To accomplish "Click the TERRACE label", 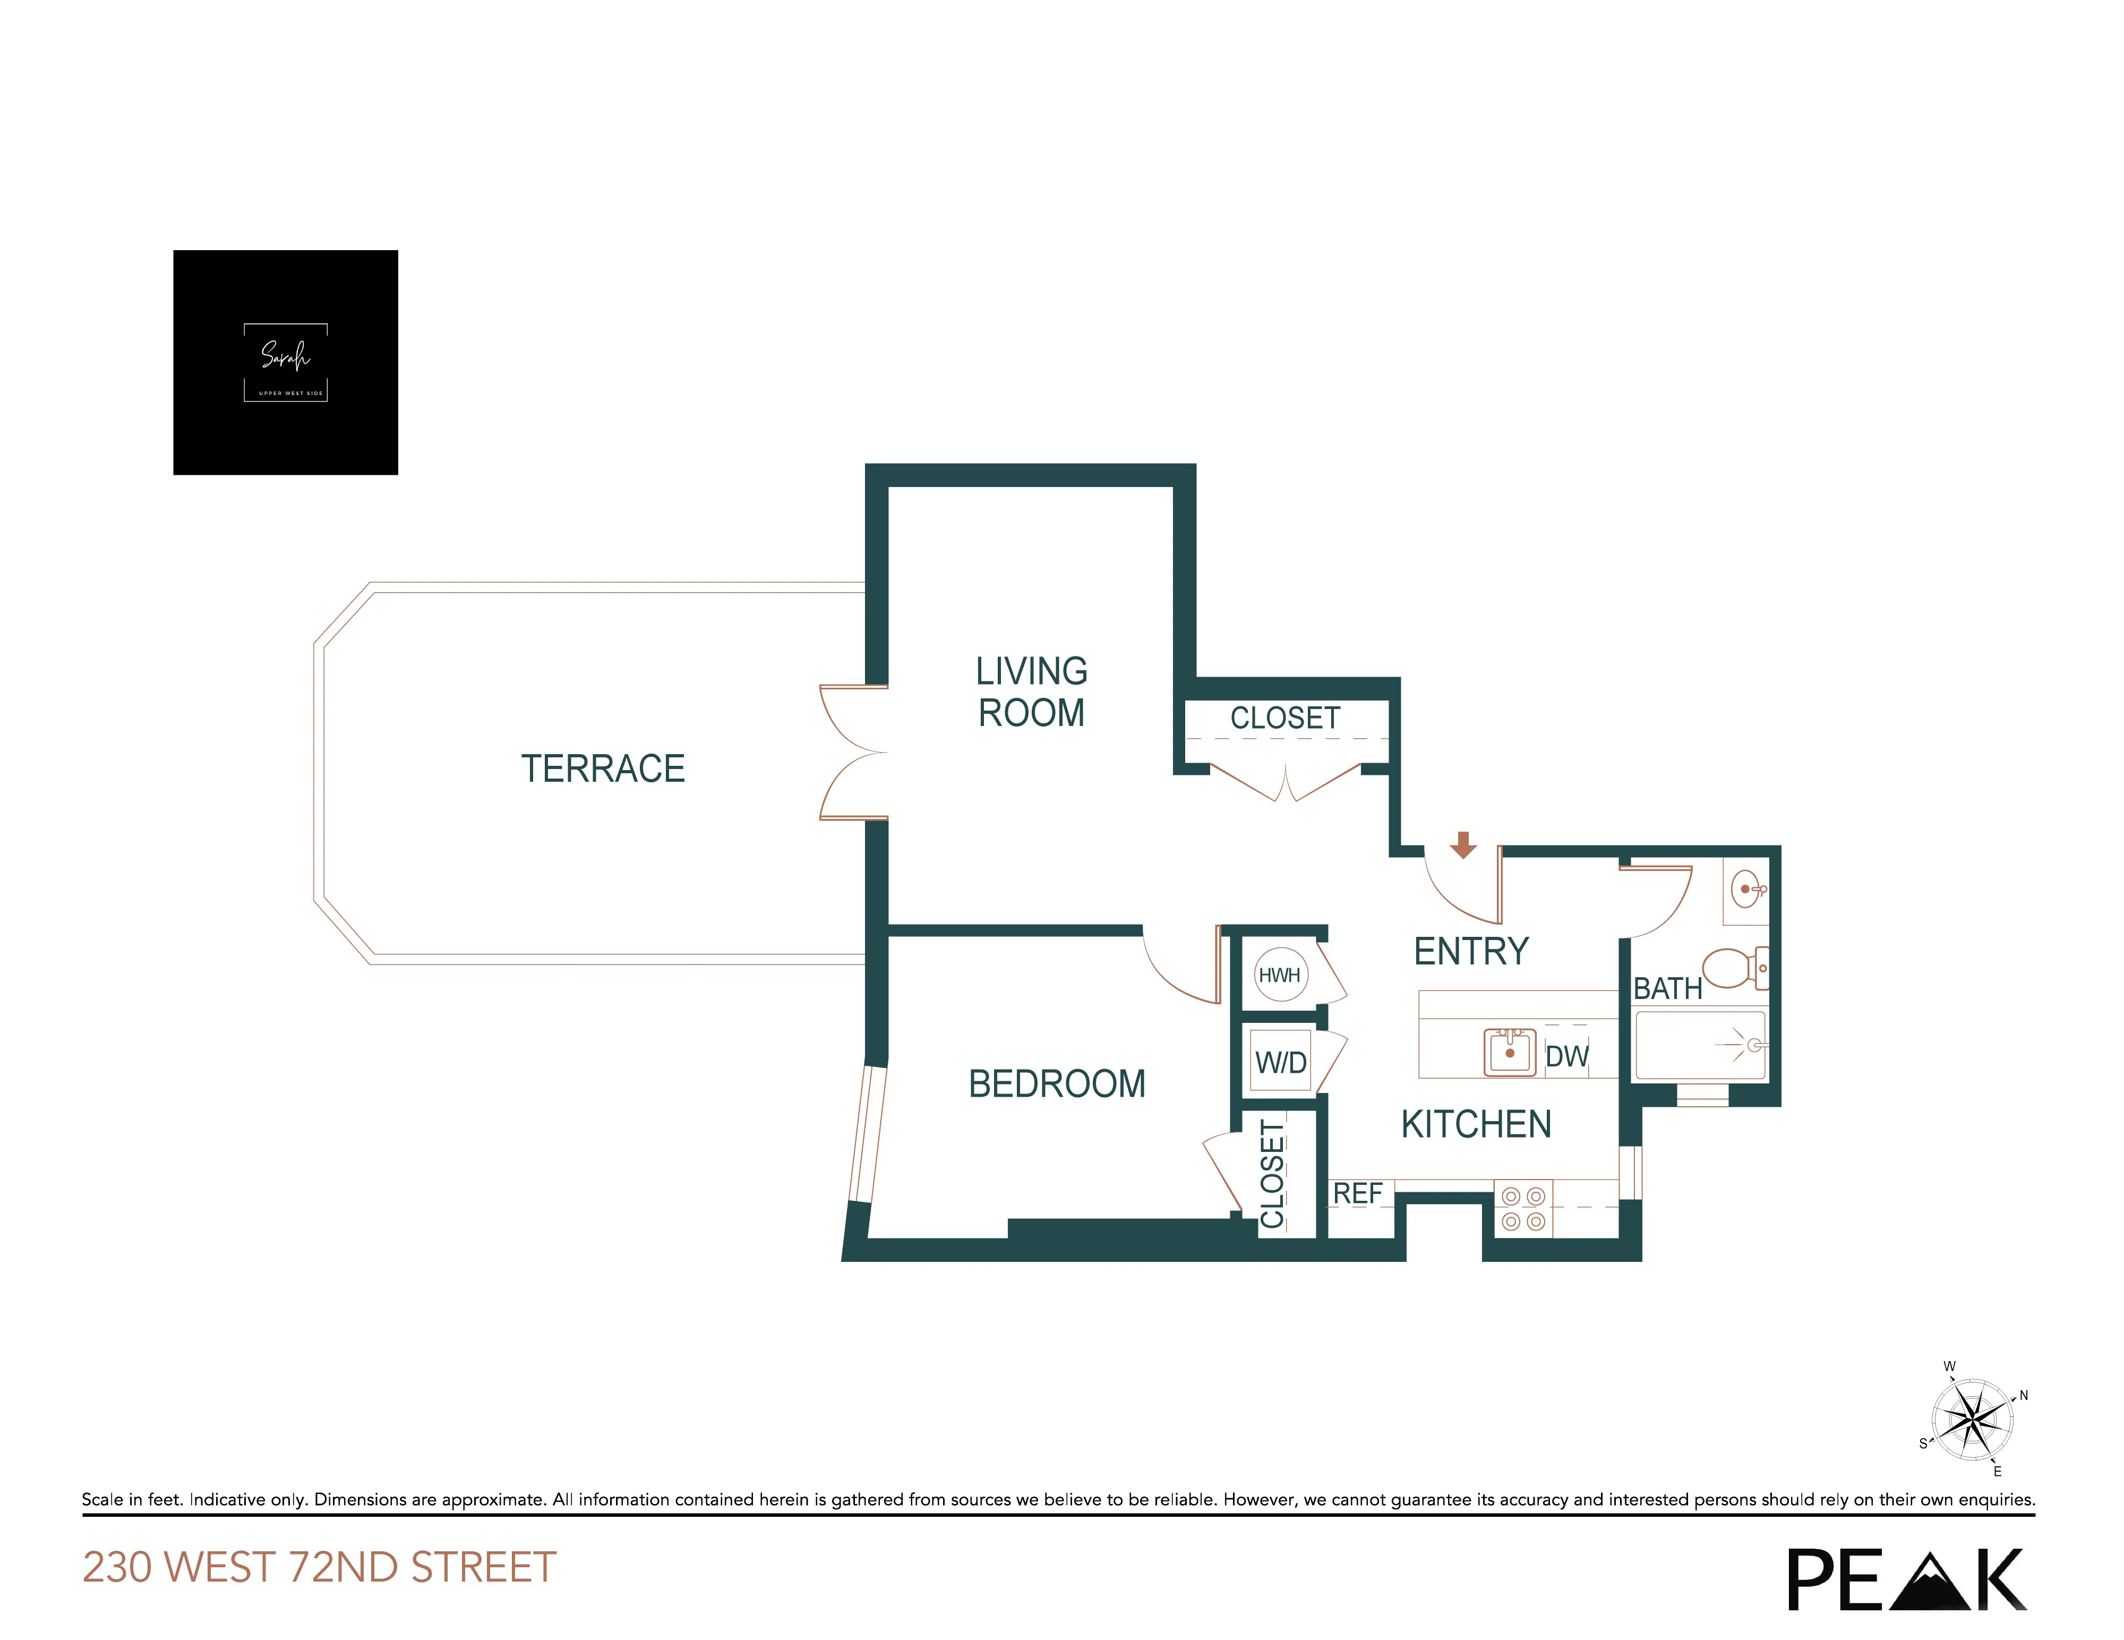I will (603, 768).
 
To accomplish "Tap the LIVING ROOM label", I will (1031, 691).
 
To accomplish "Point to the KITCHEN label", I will (1475, 1124).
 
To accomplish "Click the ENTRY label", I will (1470, 951).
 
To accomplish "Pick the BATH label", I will (1667, 988).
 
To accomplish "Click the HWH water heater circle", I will (1280, 975).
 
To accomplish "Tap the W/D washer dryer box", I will (1281, 1062).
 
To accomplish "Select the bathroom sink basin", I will (1748, 888).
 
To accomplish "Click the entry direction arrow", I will (1463, 844).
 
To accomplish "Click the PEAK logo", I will (1906, 1579).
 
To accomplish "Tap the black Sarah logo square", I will (285, 362).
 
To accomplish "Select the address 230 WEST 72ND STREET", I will (319, 1567).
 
